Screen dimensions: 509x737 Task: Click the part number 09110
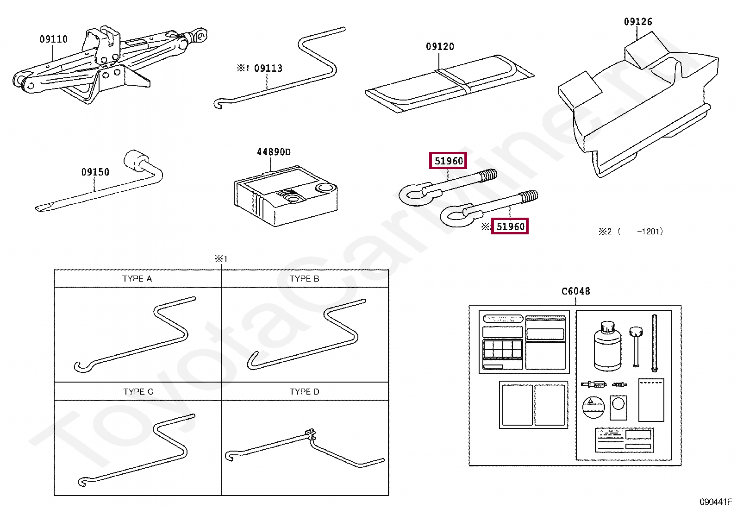click(x=54, y=39)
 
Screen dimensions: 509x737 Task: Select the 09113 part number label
click(x=268, y=69)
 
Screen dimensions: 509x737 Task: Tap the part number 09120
click(x=440, y=47)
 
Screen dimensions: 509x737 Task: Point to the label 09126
click(x=638, y=22)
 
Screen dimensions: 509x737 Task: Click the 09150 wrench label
click(x=95, y=172)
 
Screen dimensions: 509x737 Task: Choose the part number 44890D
click(x=274, y=152)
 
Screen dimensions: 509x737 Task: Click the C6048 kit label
click(x=575, y=291)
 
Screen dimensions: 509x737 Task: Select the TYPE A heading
click(x=137, y=279)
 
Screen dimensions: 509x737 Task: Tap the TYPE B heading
click(x=304, y=279)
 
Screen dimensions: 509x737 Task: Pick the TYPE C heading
click(x=138, y=392)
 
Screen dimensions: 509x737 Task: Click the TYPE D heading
click(x=304, y=392)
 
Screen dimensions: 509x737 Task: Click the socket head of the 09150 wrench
click(x=135, y=161)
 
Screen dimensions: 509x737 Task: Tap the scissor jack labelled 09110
click(x=106, y=65)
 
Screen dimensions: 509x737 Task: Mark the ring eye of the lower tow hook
click(x=451, y=216)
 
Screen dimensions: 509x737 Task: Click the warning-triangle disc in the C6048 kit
click(x=593, y=408)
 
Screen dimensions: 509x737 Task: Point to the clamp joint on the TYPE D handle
click(x=310, y=435)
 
